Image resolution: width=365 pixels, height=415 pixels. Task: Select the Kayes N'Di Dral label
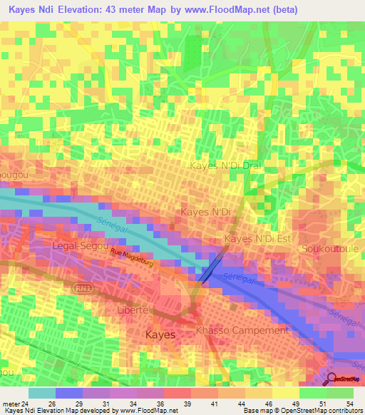225,165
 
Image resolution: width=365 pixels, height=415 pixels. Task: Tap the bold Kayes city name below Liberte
160,334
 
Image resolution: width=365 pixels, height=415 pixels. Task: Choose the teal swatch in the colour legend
41,393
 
